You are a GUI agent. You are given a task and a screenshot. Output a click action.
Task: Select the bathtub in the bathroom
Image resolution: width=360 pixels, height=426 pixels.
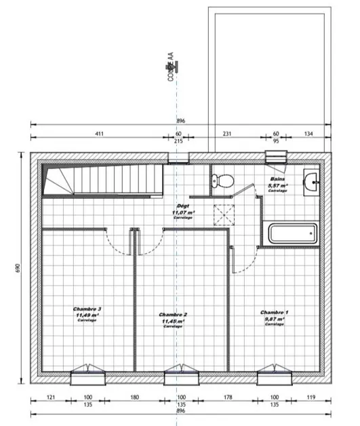292,235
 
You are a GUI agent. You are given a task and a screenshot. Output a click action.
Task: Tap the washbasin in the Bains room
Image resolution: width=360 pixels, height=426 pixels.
312,182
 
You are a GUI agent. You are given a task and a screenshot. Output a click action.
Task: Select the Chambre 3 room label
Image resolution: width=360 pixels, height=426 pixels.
86,313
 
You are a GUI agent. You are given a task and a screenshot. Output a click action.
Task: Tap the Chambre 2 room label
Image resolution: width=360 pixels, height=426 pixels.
173,319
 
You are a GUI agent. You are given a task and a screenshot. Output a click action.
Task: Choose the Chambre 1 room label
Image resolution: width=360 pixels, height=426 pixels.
275,316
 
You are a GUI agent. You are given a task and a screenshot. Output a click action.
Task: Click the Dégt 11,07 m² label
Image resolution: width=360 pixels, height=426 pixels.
182,211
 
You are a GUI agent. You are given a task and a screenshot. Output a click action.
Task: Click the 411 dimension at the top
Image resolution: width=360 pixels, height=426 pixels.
99,134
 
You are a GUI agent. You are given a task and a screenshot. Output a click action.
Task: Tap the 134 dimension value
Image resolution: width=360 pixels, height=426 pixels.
309,134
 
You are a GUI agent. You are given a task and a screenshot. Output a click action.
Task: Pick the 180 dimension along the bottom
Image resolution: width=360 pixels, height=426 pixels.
134,397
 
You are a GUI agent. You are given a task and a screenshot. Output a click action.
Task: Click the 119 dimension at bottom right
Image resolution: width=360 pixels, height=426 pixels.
311,397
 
